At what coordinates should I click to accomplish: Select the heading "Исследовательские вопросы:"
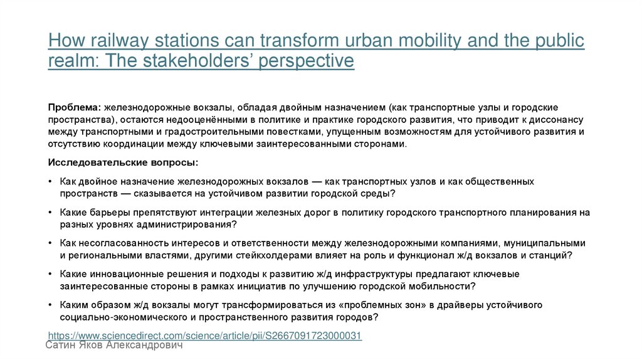[x=123, y=162]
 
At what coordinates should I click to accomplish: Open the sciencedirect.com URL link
[x=205, y=336]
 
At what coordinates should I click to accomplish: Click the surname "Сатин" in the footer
[x=63, y=346]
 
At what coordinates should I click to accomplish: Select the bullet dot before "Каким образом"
[x=50, y=305]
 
